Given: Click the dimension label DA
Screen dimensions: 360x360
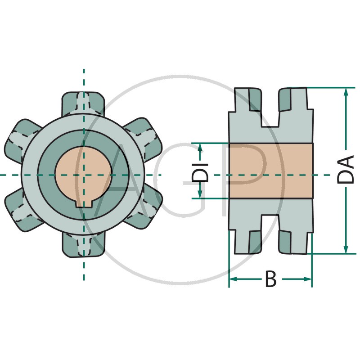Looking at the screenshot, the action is pos(345,170).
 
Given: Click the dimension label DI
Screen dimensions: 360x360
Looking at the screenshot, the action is pos(200,172).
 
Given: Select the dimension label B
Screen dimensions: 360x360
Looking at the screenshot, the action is pos(271,279).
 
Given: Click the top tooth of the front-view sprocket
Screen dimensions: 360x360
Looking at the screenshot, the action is pos(83,103).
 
